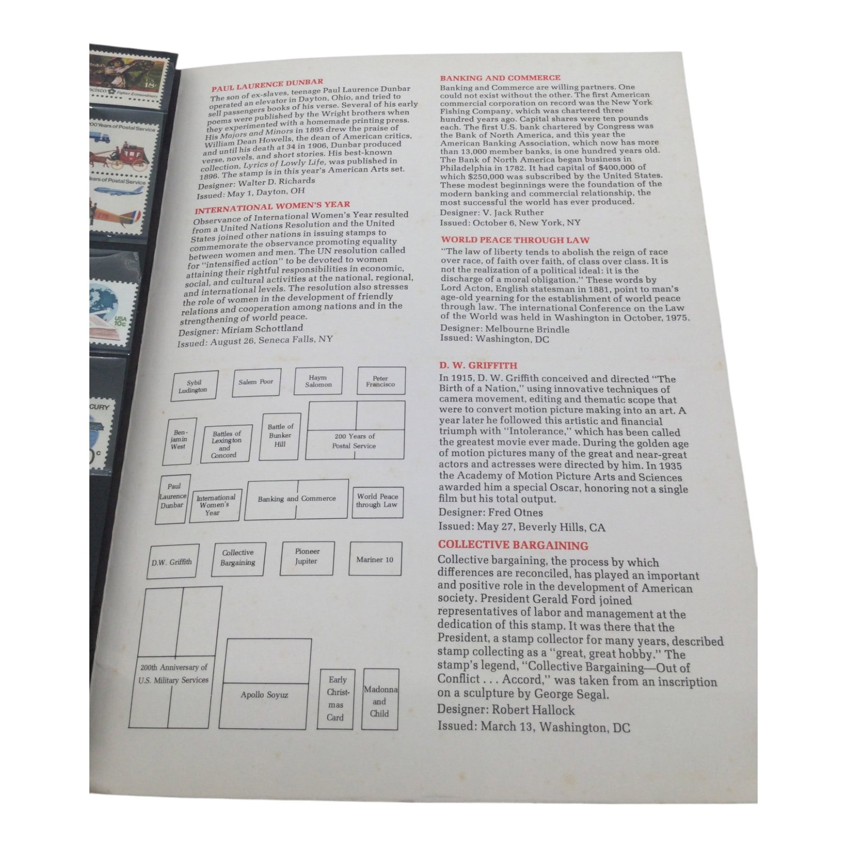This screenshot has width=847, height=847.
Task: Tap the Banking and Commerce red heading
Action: coord(500,78)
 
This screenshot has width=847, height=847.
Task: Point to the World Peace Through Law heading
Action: coord(515,240)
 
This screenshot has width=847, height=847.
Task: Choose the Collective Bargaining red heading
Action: coord(513,545)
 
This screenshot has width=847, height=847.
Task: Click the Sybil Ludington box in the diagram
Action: coord(193,386)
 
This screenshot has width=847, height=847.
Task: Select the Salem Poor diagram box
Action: coord(256,382)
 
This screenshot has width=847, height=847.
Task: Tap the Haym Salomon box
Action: coord(318,381)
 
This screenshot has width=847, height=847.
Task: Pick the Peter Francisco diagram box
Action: coord(381,381)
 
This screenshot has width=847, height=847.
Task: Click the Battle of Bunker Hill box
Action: coord(280,436)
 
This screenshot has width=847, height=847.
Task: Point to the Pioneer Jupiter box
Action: coord(307,558)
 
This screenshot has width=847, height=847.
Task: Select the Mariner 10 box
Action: coord(375,558)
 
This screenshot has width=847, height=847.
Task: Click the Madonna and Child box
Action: coord(380,700)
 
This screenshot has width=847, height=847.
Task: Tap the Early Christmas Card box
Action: coord(337,699)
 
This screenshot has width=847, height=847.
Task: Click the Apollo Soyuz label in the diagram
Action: coord(265,695)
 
